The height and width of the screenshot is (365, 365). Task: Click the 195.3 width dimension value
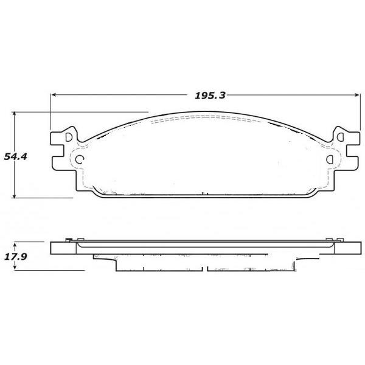[210, 96]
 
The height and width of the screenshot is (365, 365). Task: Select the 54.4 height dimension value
[15, 157]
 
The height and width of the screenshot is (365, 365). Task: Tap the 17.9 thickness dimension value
[16, 257]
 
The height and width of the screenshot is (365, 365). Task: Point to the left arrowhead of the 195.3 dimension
[54, 95]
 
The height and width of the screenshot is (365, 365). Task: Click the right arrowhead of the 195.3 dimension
[357, 95]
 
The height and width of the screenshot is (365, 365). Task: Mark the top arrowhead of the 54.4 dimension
[15, 114]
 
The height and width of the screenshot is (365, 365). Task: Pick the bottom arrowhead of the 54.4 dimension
[15, 195]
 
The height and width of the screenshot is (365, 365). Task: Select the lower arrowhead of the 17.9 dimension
[15, 267]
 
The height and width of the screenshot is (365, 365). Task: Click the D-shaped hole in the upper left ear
[69, 137]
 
